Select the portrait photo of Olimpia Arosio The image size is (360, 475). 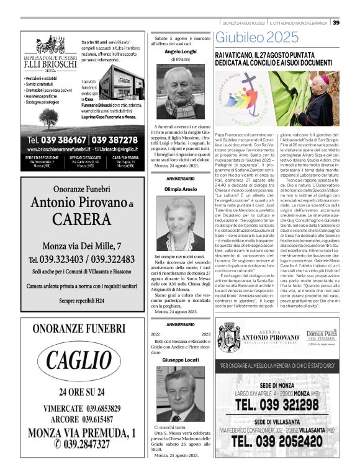[x=180, y=225]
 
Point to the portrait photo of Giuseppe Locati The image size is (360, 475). [x=180, y=394]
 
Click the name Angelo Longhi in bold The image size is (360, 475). [x=180, y=52]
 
